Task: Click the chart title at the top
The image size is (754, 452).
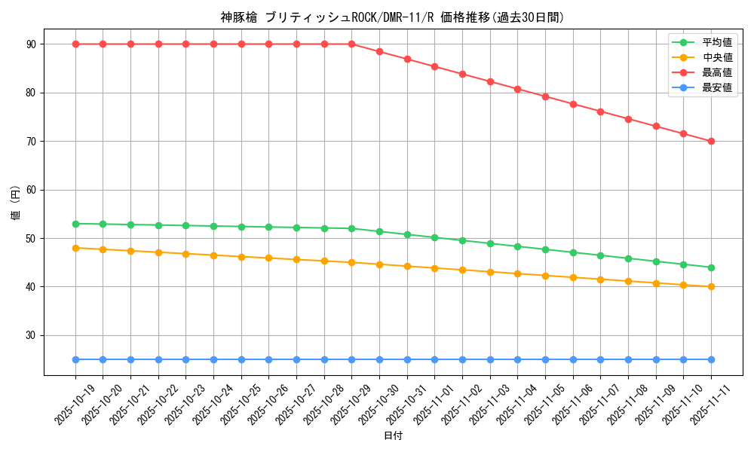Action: click(393, 17)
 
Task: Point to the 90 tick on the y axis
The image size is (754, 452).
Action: click(31, 44)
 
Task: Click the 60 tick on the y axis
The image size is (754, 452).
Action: click(31, 190)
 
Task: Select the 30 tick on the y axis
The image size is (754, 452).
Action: click(31, 335)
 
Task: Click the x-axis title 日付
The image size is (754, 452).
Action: click(393, 436)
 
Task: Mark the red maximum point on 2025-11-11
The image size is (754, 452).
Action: click(711, 141)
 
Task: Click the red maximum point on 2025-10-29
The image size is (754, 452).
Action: click(351, 44)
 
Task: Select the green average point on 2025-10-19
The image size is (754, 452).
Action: click(75, 224)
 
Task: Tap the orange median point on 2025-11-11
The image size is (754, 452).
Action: click(711, 286)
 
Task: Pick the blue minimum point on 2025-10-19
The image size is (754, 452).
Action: click(75, 359)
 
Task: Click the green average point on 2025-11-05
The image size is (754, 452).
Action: click(545, 249)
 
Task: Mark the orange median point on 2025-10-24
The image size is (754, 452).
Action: click(213, 255)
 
